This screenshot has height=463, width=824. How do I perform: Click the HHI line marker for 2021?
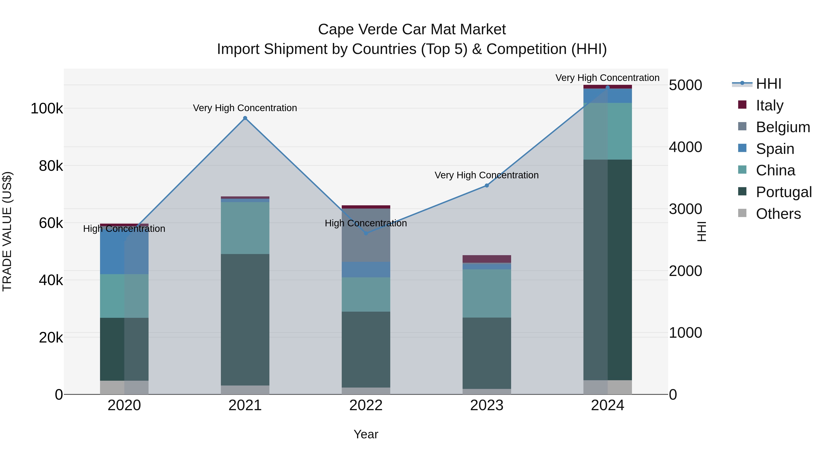[x=245, y=118]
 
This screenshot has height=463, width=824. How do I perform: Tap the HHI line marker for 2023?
[x=487, y=185]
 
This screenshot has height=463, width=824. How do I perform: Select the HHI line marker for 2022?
[x=366, y=233]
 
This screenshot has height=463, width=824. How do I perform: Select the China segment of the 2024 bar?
[x=607, y=131]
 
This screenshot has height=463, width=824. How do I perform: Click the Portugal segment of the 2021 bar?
[x=245, y=320]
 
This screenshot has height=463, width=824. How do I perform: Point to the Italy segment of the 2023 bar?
[x=487, y=259]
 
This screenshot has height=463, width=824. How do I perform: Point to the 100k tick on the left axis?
[x=47, y=109]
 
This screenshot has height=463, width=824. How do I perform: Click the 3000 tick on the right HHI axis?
[x=685, y=209]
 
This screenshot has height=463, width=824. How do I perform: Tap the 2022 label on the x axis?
[x=366, y=405]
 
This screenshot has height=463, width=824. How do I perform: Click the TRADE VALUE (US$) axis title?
[x=7, y=231]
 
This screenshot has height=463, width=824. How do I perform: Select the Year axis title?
[x=366, y=434]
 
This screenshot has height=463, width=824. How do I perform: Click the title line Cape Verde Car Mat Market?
[x=412, y=29]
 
